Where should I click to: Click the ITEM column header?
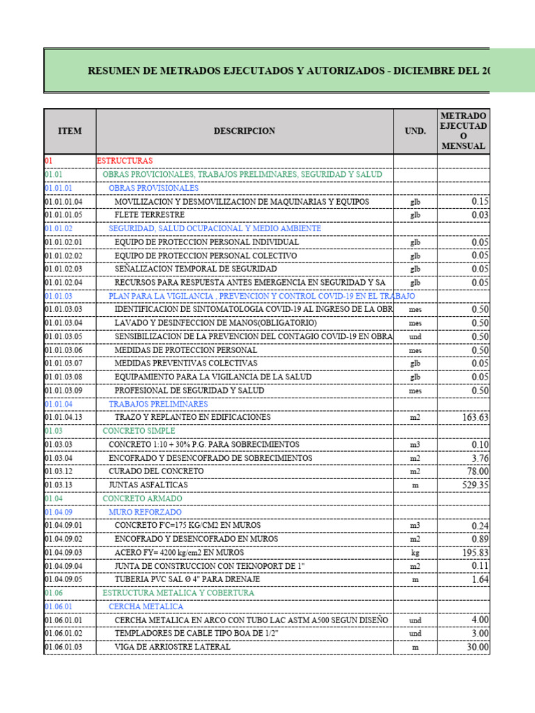(x=70, y=131)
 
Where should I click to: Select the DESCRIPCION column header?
(x=244, y=131)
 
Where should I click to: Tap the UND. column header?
(x=415, y=131)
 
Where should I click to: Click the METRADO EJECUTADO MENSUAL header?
(x=463, y=131)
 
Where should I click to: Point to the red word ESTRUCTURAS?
(x=124, y=161)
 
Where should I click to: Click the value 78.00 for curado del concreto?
(x=476, y=471)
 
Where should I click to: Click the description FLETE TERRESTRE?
(x=150, y=215)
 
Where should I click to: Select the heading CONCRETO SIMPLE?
(x=139, y=431)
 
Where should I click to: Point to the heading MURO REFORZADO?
(x=144, y=512)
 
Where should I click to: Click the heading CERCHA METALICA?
(x=145, y=606)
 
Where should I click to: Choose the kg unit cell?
(x=415, y=553)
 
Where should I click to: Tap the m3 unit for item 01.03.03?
(x=415, y=445)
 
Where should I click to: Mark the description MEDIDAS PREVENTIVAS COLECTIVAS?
(x=186, y=363)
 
